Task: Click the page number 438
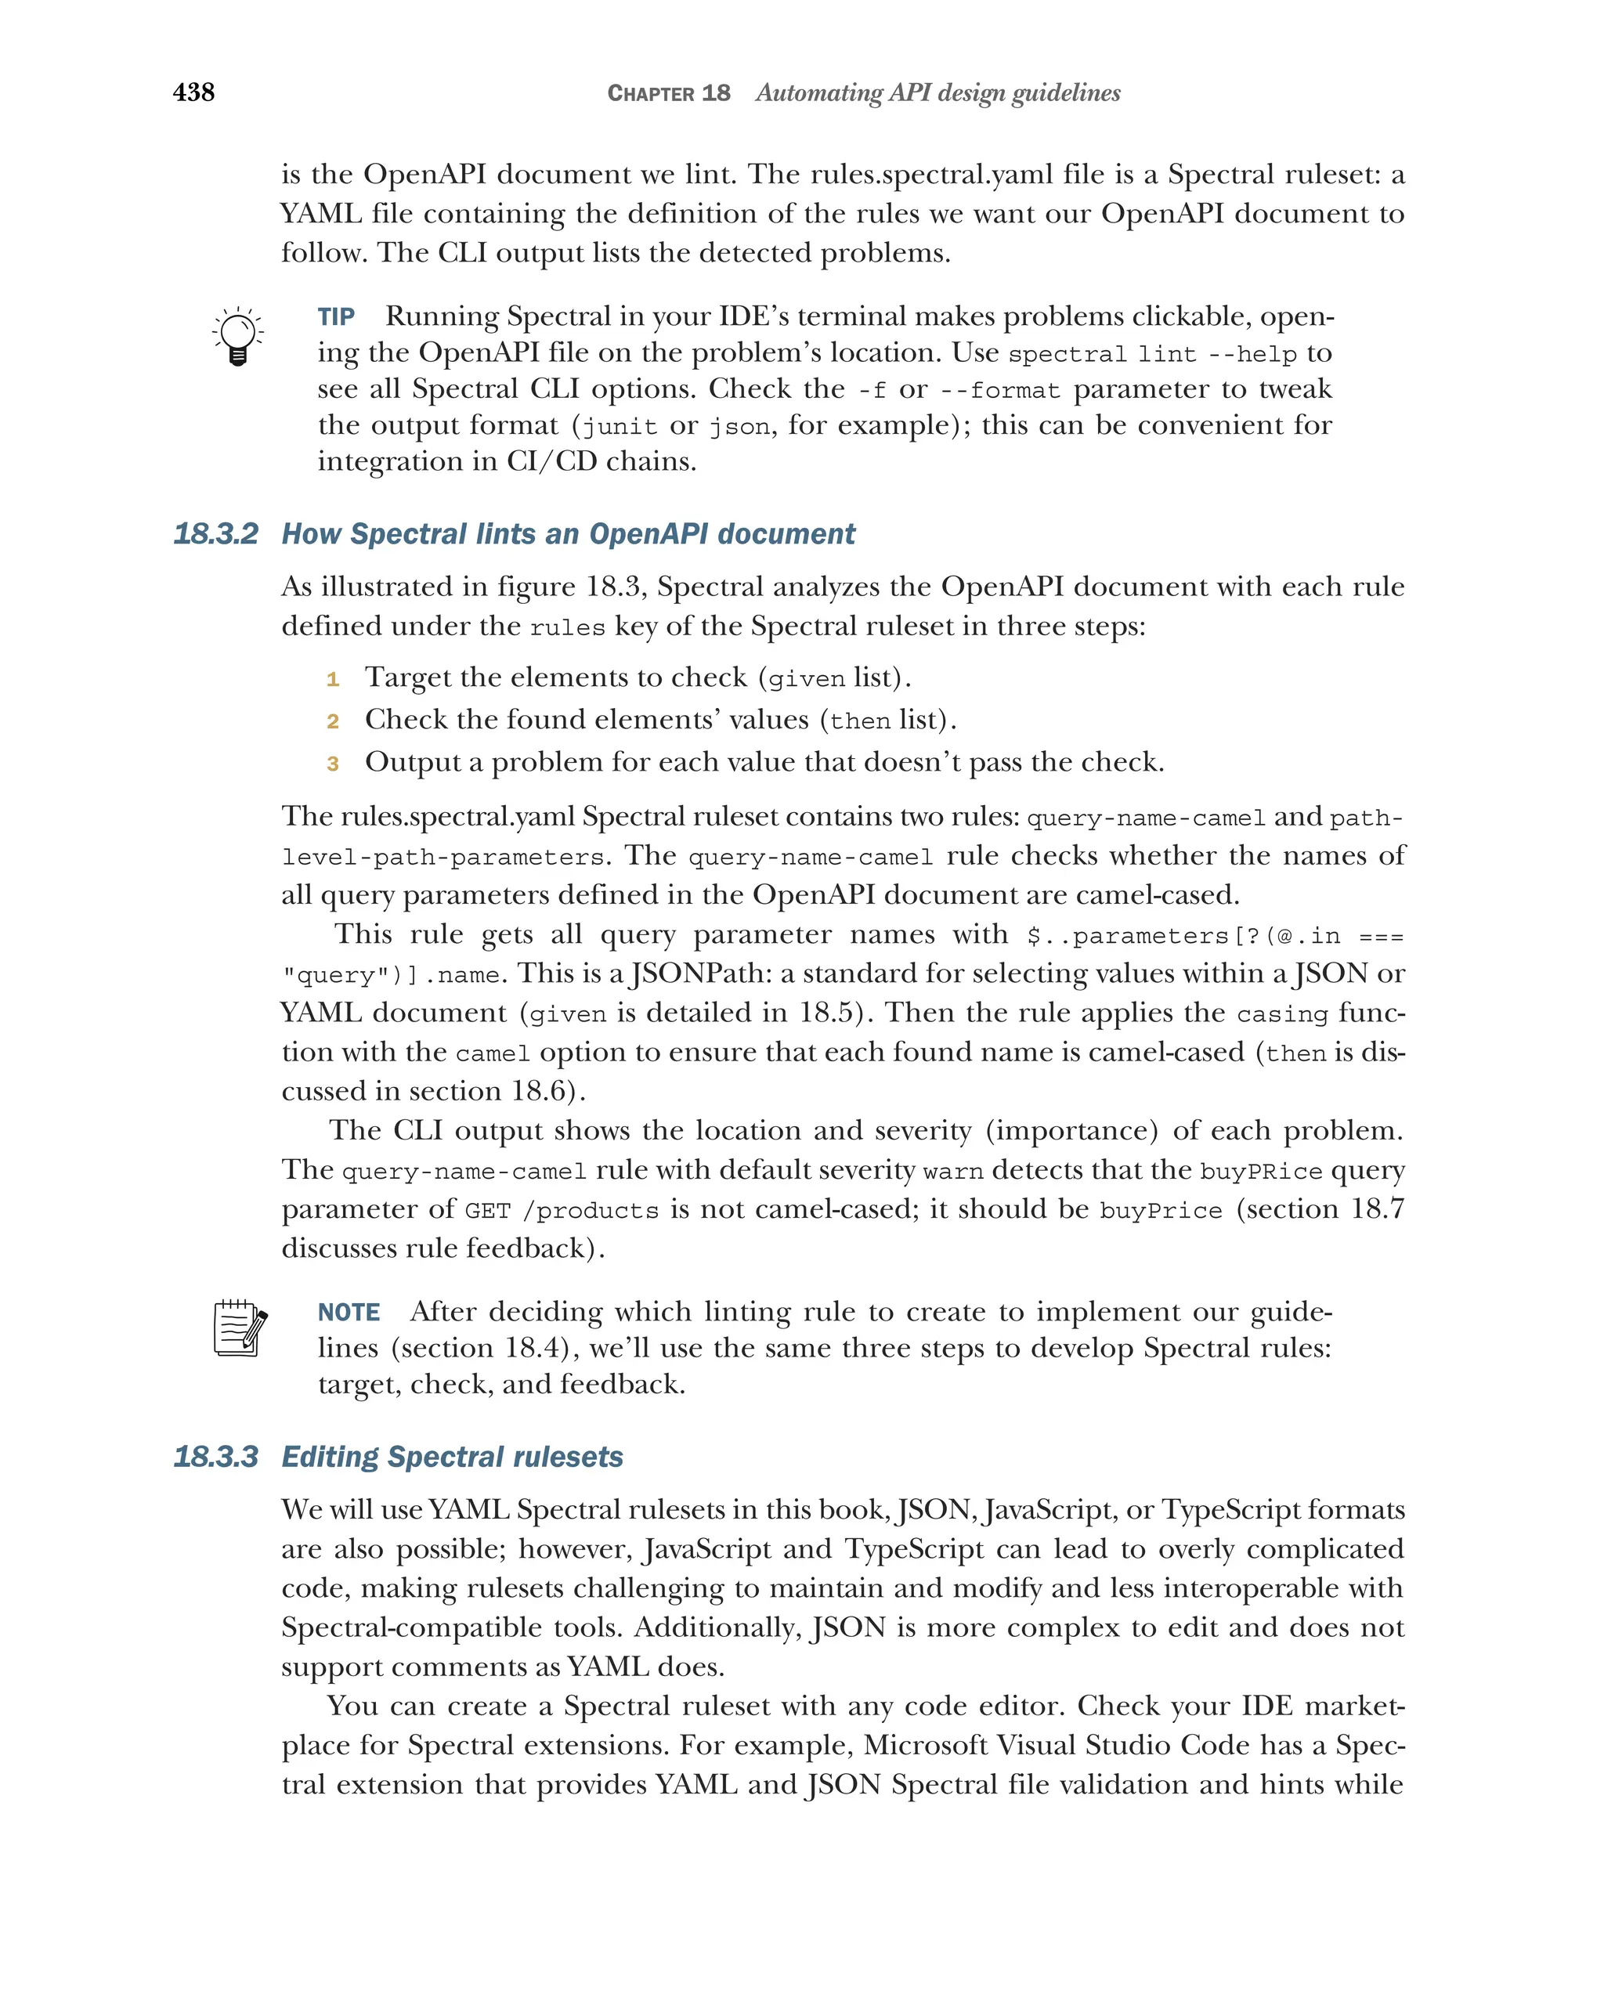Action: [193, 92]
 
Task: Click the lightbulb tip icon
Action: [238, 336]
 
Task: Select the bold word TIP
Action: [336, 317]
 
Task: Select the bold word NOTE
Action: [349, 1313]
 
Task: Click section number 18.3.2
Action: [215, 534]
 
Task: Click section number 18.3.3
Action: [215, 1457]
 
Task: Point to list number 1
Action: [332, 679]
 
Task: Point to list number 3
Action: [332, 764]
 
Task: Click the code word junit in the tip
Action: [620, 428]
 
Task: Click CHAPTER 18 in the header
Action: [668, 93]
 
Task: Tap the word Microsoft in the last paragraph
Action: [925, 1745]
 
